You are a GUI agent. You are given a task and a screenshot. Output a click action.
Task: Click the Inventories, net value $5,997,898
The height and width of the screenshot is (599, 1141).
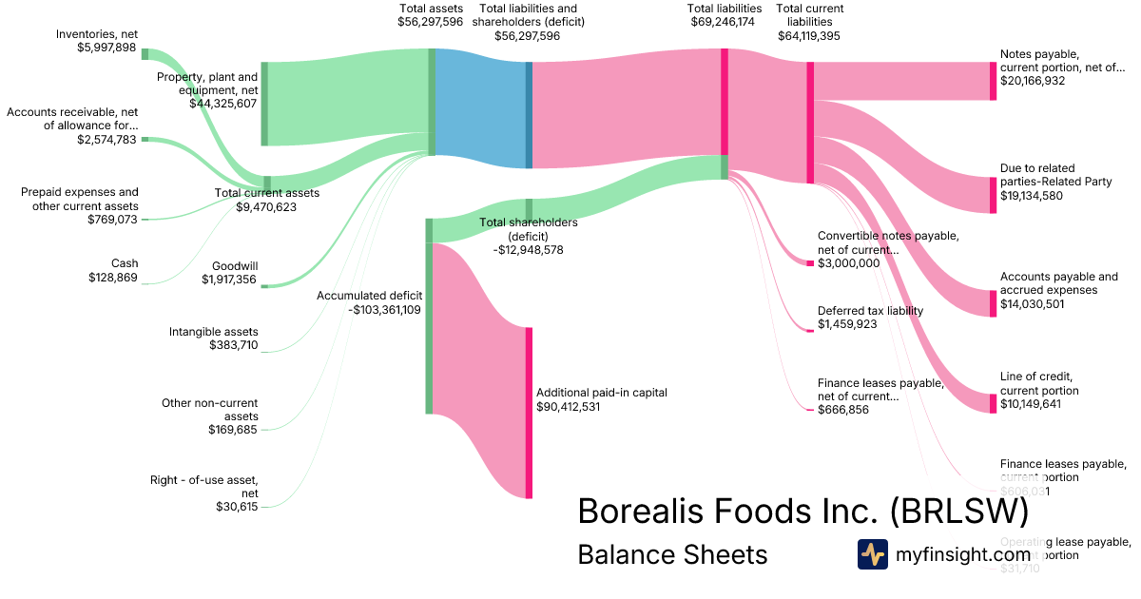[106, 48]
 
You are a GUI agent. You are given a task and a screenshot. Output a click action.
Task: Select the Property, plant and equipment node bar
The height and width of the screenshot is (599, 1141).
[264, 104]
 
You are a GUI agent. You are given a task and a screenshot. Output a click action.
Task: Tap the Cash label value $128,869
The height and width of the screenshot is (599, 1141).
[111, 278]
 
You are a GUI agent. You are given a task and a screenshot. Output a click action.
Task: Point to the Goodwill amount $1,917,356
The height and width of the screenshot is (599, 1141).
[229, 280]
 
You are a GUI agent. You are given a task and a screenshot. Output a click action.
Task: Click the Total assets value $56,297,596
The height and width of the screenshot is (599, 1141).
[431, 21]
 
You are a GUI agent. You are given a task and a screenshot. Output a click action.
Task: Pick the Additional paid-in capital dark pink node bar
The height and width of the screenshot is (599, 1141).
[529, 413]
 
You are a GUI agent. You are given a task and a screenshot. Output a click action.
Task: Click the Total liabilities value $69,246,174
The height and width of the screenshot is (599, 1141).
[724, 21]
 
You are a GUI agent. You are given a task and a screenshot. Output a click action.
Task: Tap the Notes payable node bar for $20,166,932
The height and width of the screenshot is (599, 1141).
[993, 81]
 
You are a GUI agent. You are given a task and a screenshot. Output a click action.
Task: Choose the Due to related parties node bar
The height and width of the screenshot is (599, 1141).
[993, 194]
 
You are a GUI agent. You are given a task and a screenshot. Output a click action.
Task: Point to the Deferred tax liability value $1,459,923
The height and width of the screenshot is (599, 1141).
[847, 324]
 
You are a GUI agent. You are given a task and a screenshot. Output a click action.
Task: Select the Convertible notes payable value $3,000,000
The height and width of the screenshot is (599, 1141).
[849, 263]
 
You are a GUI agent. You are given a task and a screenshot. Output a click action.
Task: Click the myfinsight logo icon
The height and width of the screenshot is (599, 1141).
[872, 554]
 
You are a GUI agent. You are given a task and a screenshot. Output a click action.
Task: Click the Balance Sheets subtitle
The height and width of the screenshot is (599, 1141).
[672, 554]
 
